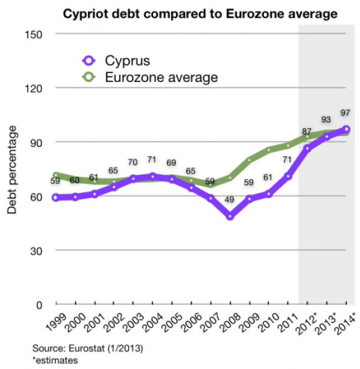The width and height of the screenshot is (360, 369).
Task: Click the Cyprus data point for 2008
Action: pyautogui.click(x=230, y=216)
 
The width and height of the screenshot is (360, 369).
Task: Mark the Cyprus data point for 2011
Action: pyautogui.click(x=288, y=176)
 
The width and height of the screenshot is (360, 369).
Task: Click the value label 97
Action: pyautogui.click(x=346, y=112)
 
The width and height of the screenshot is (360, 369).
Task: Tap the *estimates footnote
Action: pyautogui.click(x=52, y=359)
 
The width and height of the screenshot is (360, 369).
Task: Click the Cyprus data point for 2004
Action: pyautogui.click(x=152, y=176)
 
